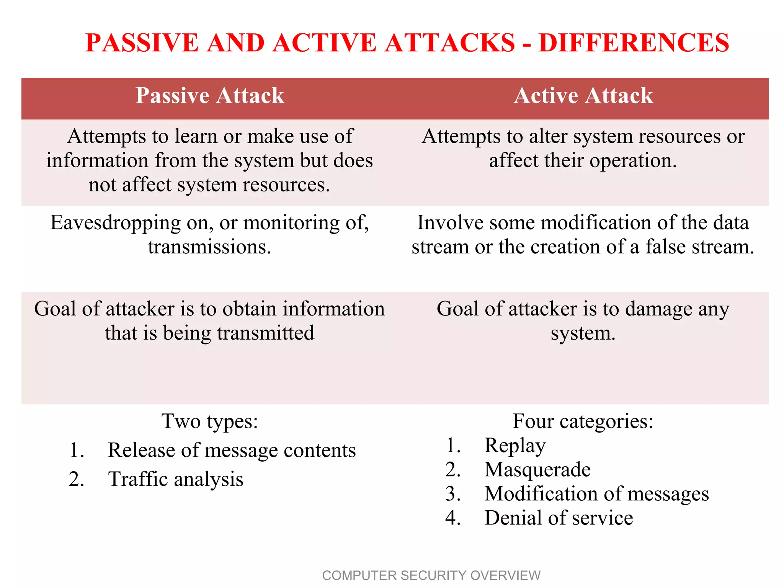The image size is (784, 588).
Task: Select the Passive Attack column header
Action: click(x=210, y=96)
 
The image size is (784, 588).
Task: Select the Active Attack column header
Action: click(x=583, y=96)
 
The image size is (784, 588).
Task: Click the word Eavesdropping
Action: click(x=115, y=223)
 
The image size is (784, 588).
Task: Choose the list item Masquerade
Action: click(x=537, y=470)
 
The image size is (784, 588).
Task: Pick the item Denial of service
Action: click(x=558, y=518)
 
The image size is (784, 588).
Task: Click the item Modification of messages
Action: click(x=596, y=494)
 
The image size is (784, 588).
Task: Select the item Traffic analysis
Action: click(x=176, y=479)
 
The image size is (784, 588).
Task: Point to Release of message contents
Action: click(x=232, y=450)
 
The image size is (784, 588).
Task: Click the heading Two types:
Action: click(x=210, y=421)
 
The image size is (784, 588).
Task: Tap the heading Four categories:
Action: click(x=583, y=421)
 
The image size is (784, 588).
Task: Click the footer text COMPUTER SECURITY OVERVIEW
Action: click(x=431, y=575)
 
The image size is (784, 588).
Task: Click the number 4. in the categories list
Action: click(x=453, y=518)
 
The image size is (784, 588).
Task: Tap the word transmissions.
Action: click(x=209, y=247)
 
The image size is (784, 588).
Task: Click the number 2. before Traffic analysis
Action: click(x=77, y=479)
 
